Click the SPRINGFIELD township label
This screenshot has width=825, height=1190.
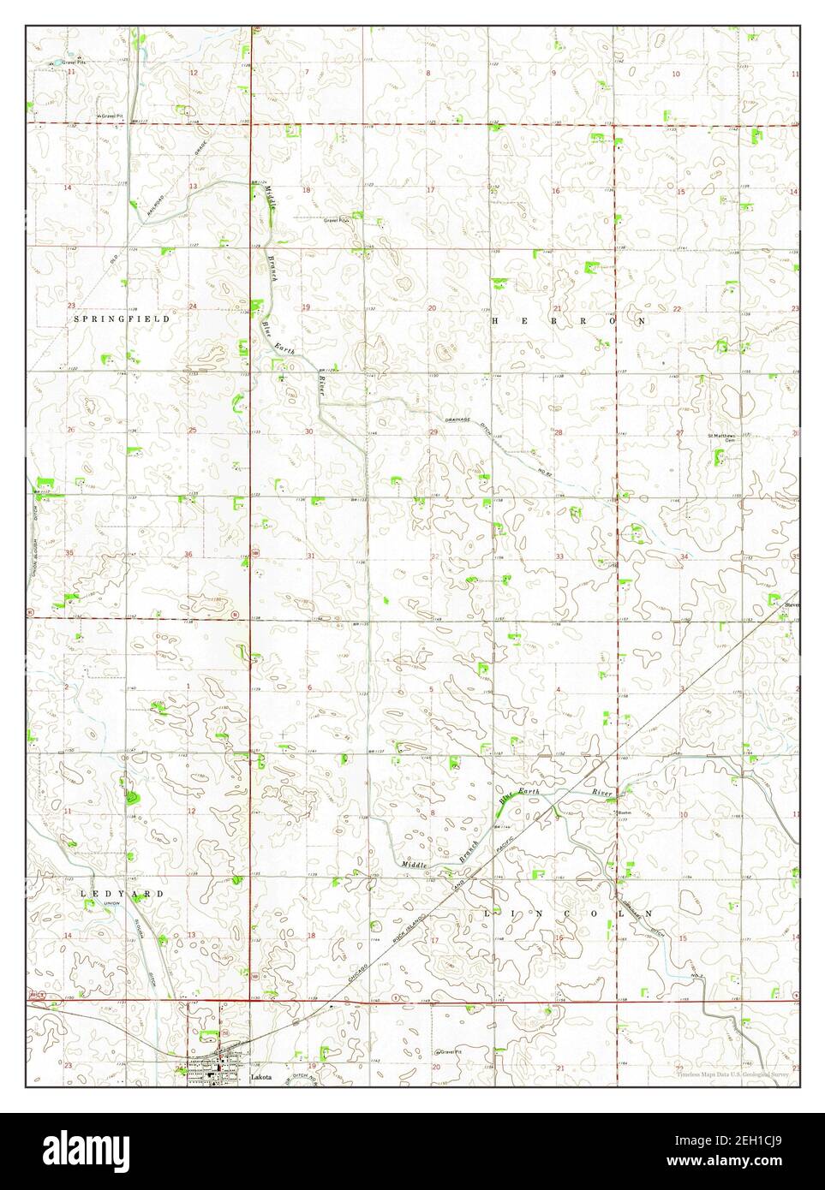[x=122, y=318]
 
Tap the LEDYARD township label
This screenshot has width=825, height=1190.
[x=122, y=894]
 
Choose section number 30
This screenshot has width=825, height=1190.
[x=308, y=431]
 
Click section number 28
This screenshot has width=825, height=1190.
[x=558, y=433]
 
